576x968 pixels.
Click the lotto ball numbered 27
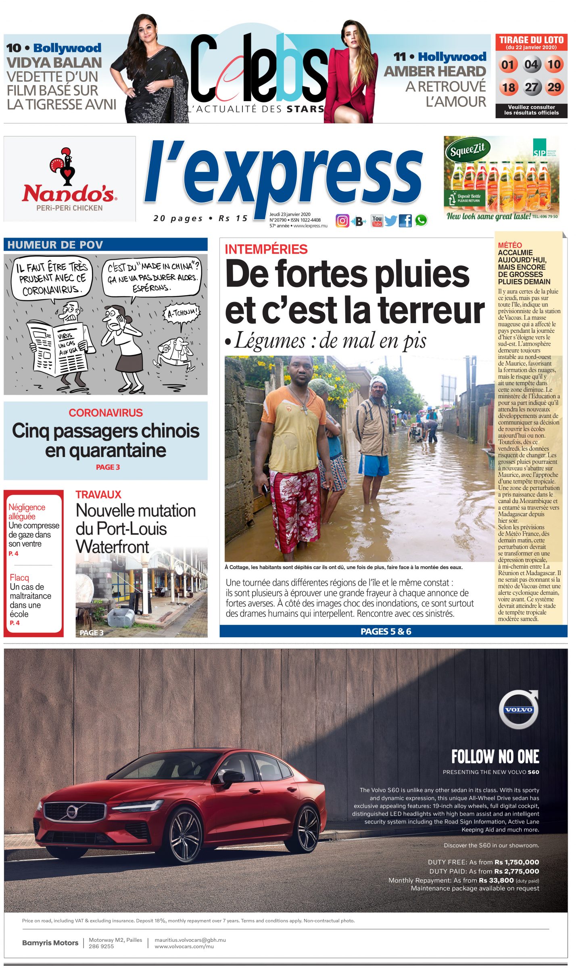coord(531,87)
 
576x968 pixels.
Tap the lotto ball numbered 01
coord(508,65)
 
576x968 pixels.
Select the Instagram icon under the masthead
coord(342,221)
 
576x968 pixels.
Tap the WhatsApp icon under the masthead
coord(421,220)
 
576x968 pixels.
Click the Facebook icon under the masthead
coord(405,221)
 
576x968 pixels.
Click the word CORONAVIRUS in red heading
coord(106,413)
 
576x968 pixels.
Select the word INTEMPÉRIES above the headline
coord(266,249)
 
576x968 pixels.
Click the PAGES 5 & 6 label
coord(386,632)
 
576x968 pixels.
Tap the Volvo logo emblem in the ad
coord(518,709)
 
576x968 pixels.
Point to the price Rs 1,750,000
coord(517,862)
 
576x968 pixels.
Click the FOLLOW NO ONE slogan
coord(495,757)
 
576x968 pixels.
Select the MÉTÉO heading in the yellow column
coord(509,245)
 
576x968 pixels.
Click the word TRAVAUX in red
coord(98,494)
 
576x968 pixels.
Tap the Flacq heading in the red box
coord(19,578)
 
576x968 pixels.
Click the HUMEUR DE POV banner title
coord(55,245)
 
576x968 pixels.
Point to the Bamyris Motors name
coord(50,943)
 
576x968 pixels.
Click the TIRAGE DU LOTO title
coord(531,40)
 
